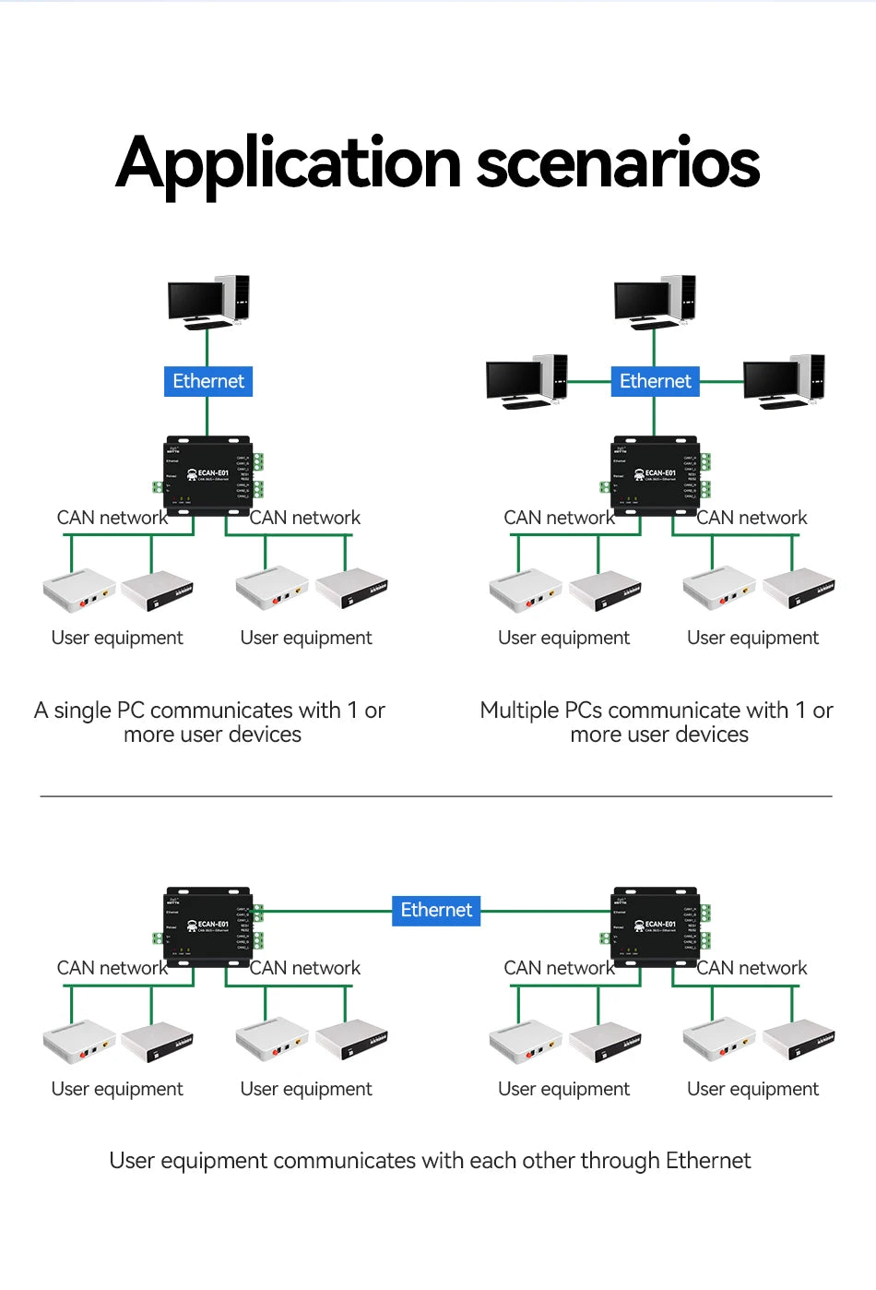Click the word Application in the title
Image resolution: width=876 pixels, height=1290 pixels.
click(288, 164)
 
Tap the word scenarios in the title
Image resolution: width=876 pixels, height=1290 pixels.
click(617, 164)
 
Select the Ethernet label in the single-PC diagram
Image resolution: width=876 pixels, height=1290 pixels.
click(208, 381)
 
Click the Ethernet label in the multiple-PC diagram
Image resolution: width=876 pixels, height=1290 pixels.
click(655, 381)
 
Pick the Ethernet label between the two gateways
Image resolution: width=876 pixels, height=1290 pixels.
click(436, 910)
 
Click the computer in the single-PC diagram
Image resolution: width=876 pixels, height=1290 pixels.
click(208, 302)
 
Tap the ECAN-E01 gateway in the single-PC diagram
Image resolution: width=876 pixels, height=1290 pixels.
click(208, 472)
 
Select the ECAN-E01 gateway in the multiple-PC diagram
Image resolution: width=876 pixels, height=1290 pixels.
click(656, 472)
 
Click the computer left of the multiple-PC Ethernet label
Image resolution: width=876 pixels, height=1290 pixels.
click(527, 381)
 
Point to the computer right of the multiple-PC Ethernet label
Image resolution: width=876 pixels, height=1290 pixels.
click(784, 381)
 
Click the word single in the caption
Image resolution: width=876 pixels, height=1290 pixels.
click(82, 711)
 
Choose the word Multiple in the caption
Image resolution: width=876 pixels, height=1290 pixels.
click(519, 711)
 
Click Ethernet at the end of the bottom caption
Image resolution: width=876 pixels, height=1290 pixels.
click(708, 1161)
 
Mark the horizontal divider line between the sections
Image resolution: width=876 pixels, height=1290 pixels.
click(436, 795)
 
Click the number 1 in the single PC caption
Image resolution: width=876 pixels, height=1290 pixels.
click(351, 711)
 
